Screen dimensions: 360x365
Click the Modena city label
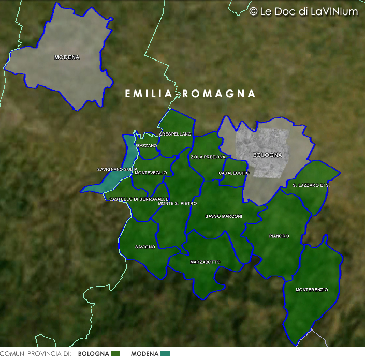tap(67, 57)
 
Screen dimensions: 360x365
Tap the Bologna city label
tap(267, 155)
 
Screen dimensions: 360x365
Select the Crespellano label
tap(176, 134)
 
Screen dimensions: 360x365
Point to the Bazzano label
tap(147, 146)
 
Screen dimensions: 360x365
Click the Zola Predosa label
tap(208, 157)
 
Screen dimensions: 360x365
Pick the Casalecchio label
tap(234, 173)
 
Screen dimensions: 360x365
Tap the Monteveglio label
tap(150, 173)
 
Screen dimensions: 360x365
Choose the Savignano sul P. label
tap(117, 169)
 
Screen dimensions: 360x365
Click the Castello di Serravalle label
tap(139, 199)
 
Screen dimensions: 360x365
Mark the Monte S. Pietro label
tap(178, 203)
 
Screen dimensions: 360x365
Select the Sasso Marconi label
tap(224, 216)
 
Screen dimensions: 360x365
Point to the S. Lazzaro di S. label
tap(311, 185)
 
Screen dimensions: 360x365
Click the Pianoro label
tap(279, 236)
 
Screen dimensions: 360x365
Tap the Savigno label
tap(145, 247)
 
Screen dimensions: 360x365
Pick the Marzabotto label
tap(205, 262)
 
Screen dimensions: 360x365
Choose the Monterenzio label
tap(312, 290)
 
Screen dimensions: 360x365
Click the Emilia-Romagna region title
tap(191, 94)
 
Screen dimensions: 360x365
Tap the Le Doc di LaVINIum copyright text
tap(303, 11)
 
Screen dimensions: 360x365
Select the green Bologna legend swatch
tap(115, 354)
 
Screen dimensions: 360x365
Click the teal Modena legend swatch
tap(165, 354)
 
